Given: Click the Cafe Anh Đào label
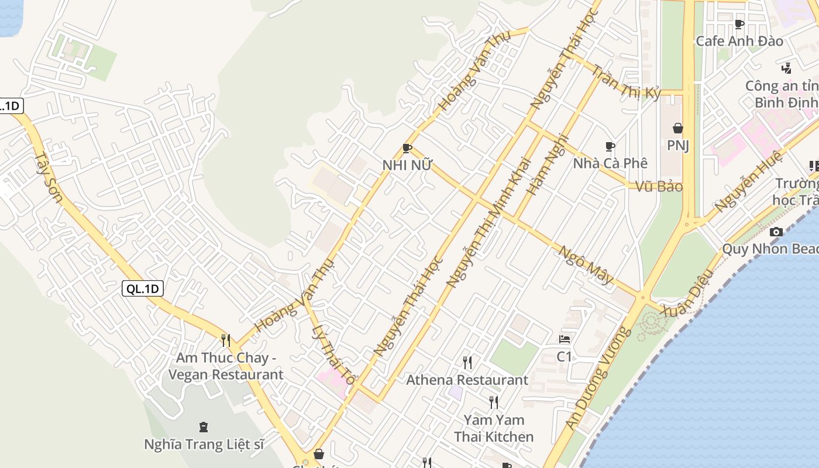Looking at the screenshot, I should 739,42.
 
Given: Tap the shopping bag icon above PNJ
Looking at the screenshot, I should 678,128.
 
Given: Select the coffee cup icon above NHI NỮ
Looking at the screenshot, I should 407,149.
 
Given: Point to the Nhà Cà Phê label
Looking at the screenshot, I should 610,163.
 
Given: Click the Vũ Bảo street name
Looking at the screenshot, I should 659,187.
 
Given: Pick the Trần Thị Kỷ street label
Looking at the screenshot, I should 627,82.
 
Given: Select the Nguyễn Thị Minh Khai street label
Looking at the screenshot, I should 488,222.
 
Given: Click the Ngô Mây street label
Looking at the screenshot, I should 586,265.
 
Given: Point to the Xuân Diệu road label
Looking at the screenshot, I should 687,292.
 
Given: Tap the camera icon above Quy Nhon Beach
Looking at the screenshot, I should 776,232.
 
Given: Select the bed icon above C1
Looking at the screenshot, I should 565,339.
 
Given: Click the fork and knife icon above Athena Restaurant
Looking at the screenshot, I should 467,363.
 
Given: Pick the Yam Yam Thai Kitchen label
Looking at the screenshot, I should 494,428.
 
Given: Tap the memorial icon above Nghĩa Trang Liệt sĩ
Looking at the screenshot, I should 204,426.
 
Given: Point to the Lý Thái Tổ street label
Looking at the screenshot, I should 333,355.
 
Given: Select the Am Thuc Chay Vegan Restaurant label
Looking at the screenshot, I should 226,366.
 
